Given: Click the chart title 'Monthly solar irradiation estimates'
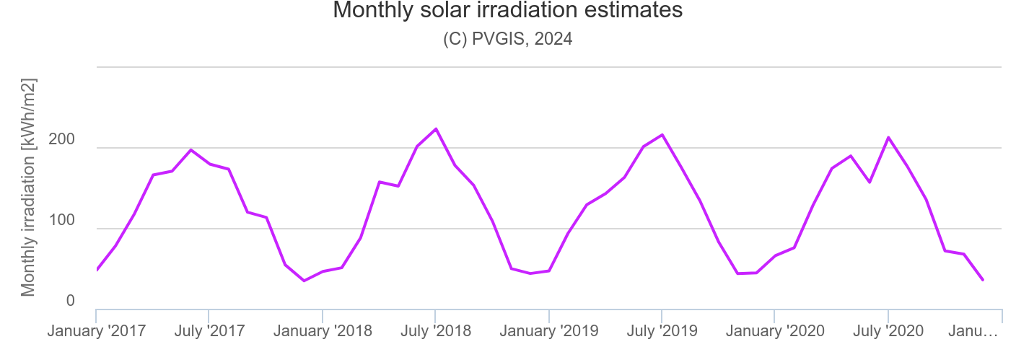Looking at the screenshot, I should (x=507, y=11).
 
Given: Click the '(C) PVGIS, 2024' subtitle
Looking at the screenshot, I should (x=507, y=39).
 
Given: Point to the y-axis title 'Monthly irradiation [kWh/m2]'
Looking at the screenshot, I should (x=28, y=187).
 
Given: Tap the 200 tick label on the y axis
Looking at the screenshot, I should (x=61, y=140).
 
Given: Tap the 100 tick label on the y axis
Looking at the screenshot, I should (x=61, y=221).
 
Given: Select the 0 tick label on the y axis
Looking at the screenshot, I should (x=70, y=301).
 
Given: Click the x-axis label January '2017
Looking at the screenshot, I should (x=97, y=331).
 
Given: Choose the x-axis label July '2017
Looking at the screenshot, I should (x=209, y=331).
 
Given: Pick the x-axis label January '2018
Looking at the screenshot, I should (x=323, y=331).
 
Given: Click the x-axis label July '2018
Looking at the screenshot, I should (x=435, y=331).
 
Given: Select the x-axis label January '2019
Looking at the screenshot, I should (x=549, y=331).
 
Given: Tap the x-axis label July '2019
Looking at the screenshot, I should (x=662, y=331).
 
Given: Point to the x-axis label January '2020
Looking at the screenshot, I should (x=775, y=331).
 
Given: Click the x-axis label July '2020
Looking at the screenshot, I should (x=888, y=331).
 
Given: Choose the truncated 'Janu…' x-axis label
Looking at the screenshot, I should (x=973, y=331).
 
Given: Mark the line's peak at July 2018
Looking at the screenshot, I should (x=435, y=129).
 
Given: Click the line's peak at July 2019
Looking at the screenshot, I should (x=662, y=135).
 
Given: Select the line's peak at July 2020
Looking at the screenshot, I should (x=888, y=137).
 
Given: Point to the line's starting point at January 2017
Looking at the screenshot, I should (x=97, y=270).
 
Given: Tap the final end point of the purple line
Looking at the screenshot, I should (x=982, y=280).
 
